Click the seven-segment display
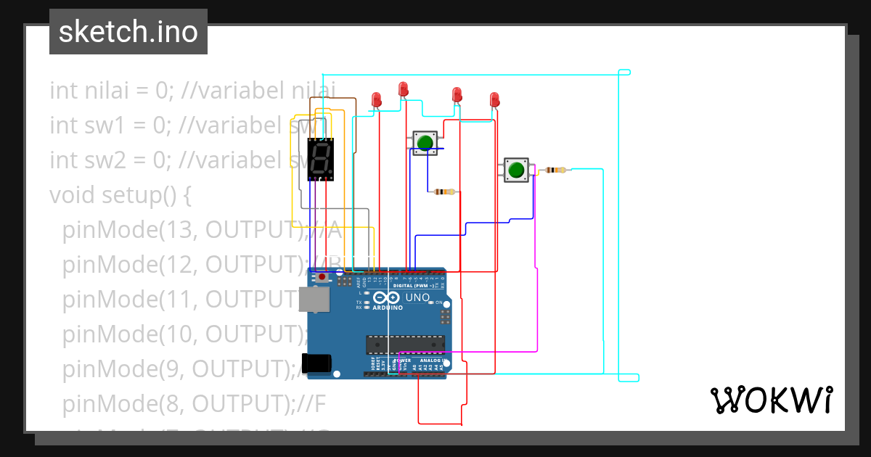pyautogui.click(x=321, y=159)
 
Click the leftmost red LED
pyautogui.click(x=376, y=99)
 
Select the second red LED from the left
pyautogui.click(x=404, y=89)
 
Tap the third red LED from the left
pyautogui.click(x=457, y=94)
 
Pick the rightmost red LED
pyautogui.click(x=494, y=99)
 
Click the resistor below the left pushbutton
pyautogui.click(x=443, y=192)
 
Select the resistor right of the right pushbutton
pyautogui.click(x=555, y=170)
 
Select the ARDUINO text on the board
pyautogui.click(x=388, y=308)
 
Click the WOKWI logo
pyautogui.click(x=771, y=400)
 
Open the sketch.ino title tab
pyautogui.click(x=128, y=32)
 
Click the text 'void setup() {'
pyautogui.click(x=120, y=195)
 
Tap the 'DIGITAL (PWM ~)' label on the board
pyautogui.click(x=412, y=286)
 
